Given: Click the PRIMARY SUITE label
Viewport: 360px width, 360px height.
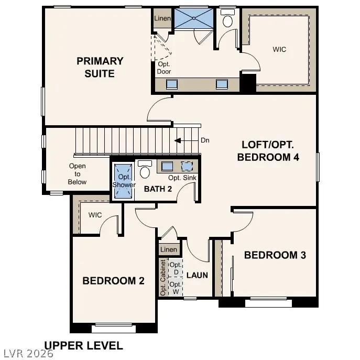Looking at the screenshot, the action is (100, 67).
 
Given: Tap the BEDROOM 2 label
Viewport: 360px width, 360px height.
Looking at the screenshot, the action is (113, 281).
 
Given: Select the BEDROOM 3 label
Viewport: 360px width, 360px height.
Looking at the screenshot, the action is (275, 255).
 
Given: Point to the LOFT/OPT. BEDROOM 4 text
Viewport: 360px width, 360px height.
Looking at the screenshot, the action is (268, 151).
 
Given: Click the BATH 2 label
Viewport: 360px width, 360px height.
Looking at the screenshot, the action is (158, 189).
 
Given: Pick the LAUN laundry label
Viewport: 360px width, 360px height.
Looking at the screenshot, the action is (197, 275).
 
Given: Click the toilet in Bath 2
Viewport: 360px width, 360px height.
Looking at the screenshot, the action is (145, 169).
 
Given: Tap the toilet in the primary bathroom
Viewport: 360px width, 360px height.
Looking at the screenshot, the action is (227, 18).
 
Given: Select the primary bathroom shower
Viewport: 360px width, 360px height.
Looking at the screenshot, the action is (194, 18).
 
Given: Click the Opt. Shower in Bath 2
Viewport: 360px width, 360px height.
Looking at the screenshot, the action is (123, 181).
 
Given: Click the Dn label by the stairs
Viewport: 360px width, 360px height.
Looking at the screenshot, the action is (205, 140).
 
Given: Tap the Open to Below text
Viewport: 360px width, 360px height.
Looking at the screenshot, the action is (78, 174).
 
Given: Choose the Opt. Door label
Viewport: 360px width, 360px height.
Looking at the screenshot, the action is (163, 68).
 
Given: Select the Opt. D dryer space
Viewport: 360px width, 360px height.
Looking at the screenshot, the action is (176, 268).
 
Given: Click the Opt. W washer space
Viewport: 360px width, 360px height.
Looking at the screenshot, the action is (176, 288).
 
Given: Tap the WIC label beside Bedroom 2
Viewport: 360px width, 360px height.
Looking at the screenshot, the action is (95, 215).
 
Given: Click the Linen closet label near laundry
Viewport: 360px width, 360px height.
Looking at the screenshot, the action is (169, 249).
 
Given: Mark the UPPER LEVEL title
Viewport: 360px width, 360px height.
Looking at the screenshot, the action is (83, 346).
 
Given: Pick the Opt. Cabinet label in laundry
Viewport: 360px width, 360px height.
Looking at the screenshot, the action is (163, 278).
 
